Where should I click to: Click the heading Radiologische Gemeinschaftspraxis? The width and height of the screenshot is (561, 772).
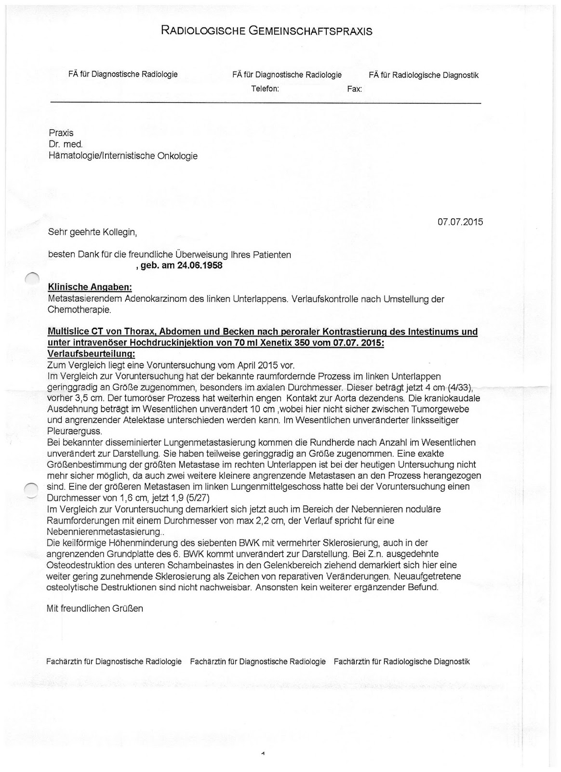[267, 32]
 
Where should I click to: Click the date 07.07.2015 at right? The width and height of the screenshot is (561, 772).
[460, 222]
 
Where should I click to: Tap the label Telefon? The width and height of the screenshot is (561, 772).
[265, 89]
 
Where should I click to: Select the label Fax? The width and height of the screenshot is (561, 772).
[354, 89]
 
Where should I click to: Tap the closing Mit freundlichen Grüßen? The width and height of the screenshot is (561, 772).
[94, 608]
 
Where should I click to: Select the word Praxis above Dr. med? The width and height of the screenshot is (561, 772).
[61, 133]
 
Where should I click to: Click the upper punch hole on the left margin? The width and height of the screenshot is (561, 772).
[32, 278]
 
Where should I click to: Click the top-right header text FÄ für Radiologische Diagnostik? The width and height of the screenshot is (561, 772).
[424, 75]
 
